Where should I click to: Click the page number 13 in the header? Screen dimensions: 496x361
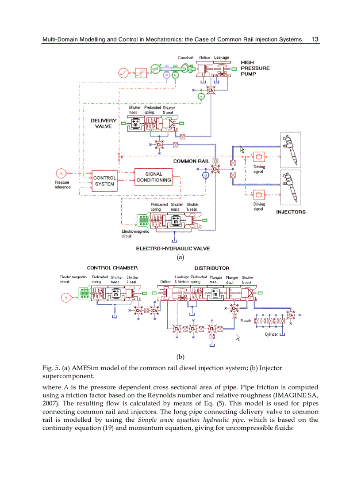pos(315,39)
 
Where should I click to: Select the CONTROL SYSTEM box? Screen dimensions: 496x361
pos(105,181)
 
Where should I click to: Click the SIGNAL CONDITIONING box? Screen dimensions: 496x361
pos(154,177)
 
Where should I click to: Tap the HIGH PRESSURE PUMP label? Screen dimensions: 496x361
pos(255,68)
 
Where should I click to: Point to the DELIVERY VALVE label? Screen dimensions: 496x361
pos(104,123)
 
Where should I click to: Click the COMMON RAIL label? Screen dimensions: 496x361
pos(191,161)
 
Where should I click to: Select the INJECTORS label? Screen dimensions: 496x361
pos(291,212)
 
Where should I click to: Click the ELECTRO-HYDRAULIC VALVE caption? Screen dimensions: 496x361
pos(173,249)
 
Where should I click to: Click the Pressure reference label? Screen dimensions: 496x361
pos(62,185)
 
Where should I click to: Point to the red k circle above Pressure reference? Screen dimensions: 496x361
pos(61,173)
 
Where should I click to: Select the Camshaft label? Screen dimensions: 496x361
pos(186,58)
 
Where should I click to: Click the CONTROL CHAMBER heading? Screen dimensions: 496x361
pos(112,268)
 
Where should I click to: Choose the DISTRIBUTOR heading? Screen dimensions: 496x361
pos(212,268)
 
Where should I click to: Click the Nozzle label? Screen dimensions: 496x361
pos(246,320)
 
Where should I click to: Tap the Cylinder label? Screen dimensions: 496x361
pos(271,334)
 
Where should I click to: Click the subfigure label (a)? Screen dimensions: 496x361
pos(180,257)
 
